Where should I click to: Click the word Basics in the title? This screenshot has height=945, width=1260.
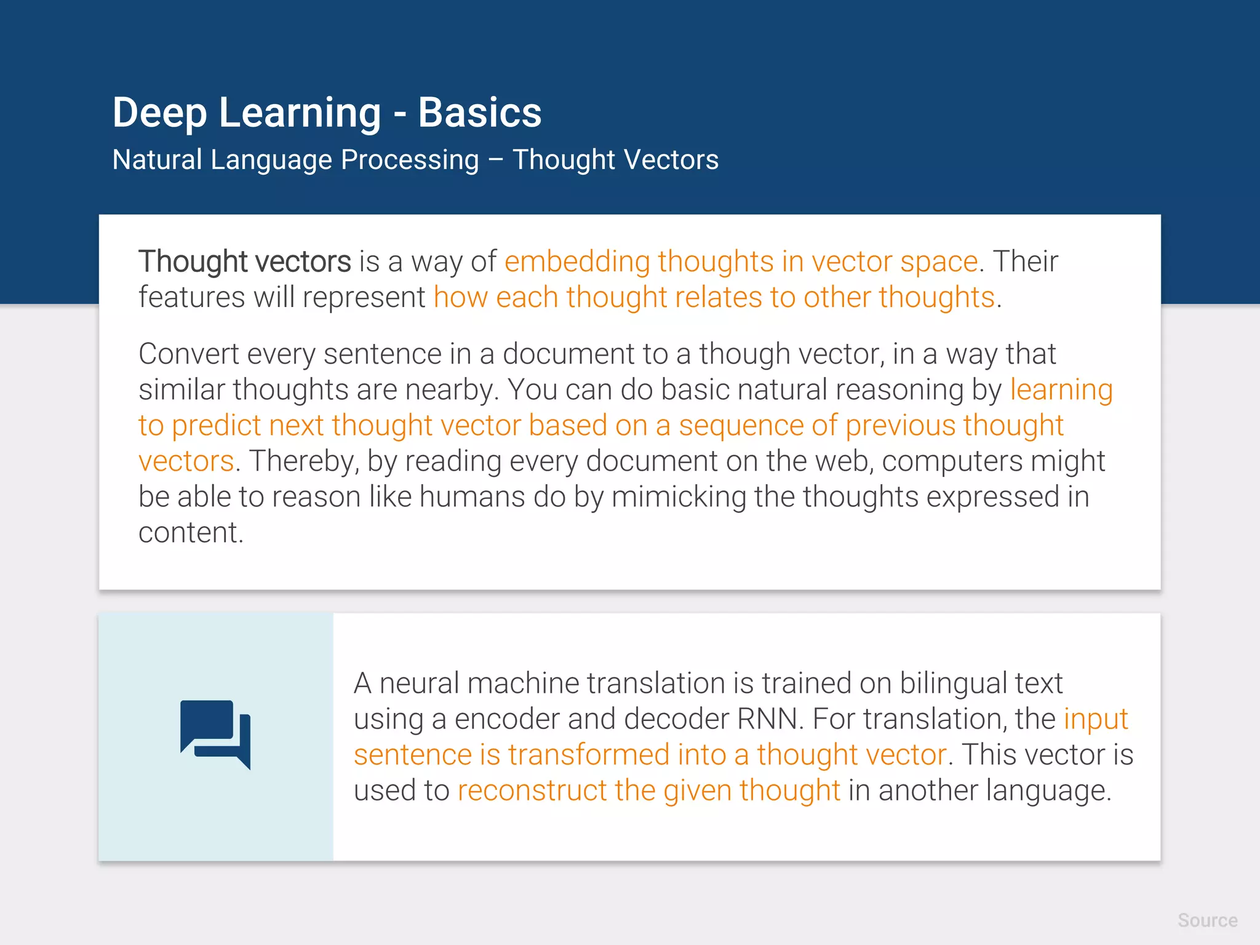[x=479, y=113]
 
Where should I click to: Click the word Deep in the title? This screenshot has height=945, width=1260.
[x=159, y=114]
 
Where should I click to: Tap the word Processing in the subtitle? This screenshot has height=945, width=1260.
[x=409, y=160]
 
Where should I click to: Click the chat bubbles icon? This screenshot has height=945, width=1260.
[x=215, y=735]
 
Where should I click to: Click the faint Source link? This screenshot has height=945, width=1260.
[x=1207, y=920]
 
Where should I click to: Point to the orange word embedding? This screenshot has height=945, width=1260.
[x=577, y=262]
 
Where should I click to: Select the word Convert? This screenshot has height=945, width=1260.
[x=188, y=354]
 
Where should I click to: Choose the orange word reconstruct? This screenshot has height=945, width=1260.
[x=532, y=791]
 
